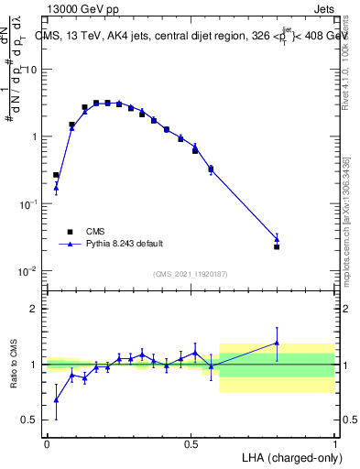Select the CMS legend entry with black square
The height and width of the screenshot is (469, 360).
(x=70, y=231)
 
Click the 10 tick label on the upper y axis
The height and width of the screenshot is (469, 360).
(x=29, y=70)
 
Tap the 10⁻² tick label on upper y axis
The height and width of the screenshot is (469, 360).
(x=27, y=271)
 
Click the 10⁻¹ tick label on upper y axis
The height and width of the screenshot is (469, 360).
(x=27, y=204)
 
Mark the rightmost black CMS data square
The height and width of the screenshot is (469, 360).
(x=277, y=246)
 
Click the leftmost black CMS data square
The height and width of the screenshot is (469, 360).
(x=56, y=175)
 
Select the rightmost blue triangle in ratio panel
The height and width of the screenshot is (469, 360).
(x=277, y=344)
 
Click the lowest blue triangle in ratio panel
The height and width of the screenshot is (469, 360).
(x=56, y=399)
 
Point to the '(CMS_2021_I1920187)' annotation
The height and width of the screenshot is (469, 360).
(x=190, y=274)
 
